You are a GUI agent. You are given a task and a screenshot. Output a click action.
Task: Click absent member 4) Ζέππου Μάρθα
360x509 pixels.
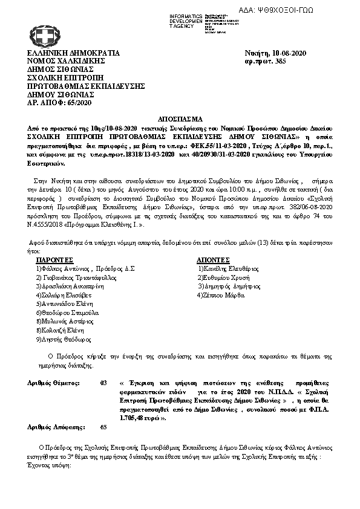(220, 295)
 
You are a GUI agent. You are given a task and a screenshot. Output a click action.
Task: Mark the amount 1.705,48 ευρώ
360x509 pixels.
(145, 417)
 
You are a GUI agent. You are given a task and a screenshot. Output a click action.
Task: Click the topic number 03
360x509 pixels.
(103, 383)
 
